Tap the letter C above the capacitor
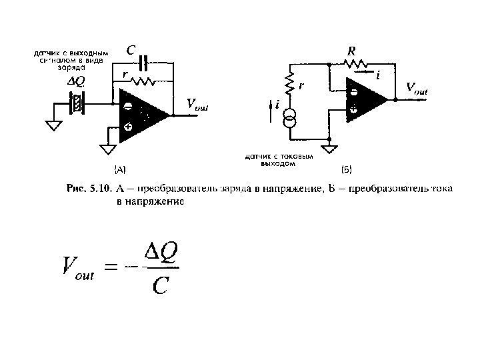click(x=131, y=50)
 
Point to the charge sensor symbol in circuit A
click(x=77, y=104)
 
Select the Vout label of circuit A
click(x=197, y=104)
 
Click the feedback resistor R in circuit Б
click(x=355, y=64)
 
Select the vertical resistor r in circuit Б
click(x=291, y=83)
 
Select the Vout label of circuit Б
click(x=417, y=89)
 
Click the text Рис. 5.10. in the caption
click(x=89, y=189)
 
